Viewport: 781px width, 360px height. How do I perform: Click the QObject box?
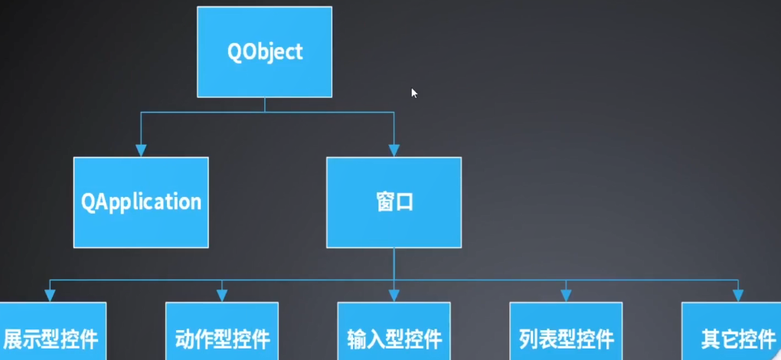(x=264, y=51)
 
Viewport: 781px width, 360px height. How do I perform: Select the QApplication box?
(x=141, y=202)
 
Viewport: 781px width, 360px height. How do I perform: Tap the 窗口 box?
(x=394, y=202)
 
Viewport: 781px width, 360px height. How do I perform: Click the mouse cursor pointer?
(x=413, y=93)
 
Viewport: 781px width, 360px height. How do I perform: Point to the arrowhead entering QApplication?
(x=140, y=151)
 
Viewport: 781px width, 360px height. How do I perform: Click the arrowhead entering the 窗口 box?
(x=394, y=151)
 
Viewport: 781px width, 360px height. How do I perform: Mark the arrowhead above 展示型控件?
(x=51, y=296)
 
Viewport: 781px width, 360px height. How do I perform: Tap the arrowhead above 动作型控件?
(x=222, y=296)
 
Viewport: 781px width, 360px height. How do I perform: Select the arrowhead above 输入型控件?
(x=394, y=296)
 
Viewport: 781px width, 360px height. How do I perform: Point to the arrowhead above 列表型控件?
(x=566, y=296)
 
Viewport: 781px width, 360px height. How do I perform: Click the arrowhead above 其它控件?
(x=737, y=296)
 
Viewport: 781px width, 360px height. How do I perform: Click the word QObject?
(x=265, y=52)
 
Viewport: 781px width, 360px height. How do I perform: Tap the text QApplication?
(x=142, y=202)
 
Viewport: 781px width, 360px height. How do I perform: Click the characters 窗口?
(x=394, y=203)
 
